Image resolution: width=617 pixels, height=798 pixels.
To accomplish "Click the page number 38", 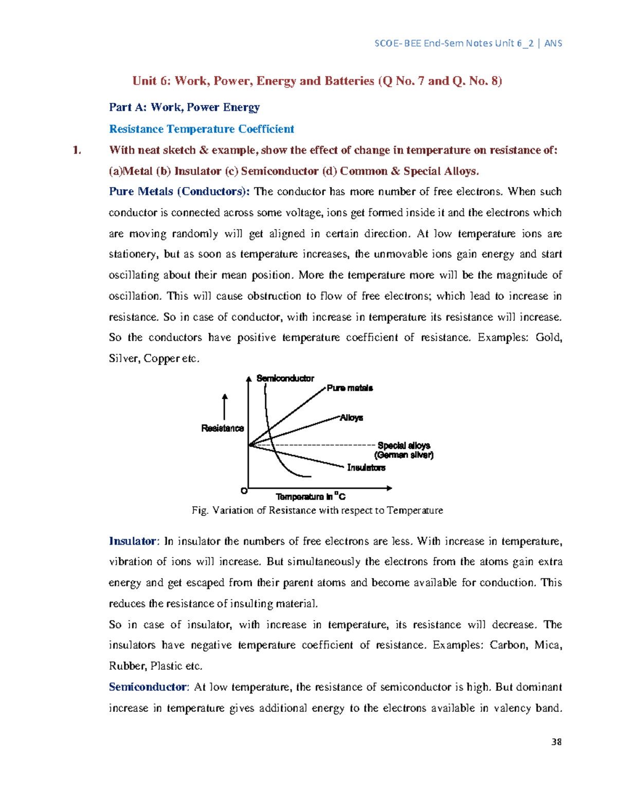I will [556, 741].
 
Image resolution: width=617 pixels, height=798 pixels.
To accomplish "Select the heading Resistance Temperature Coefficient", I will [201, 129].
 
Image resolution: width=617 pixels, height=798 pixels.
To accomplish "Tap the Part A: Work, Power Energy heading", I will [184, 107].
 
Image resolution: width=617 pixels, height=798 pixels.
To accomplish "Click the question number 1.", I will [77, 150].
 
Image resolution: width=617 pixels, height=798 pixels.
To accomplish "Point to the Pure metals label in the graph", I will [350, 388].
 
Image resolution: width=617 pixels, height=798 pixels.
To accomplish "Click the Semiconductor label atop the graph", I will [285, 378].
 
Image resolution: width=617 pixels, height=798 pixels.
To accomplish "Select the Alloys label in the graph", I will [351, 418].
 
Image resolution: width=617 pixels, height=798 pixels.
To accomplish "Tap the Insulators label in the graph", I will [366, 468].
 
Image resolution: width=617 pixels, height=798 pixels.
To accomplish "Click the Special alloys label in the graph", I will [404, 446].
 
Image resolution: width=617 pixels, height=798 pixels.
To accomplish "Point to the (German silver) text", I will [404, 455].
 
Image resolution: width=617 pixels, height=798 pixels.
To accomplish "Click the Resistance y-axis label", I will [222, 428].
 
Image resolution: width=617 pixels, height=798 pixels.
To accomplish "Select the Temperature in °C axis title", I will [311, 496].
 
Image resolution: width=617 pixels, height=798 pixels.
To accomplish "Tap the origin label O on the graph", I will [244, 491].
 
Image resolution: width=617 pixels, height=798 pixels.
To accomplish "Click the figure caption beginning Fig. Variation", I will [317, 510].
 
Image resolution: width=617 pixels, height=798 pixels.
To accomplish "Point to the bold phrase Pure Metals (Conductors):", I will [179, 192].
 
